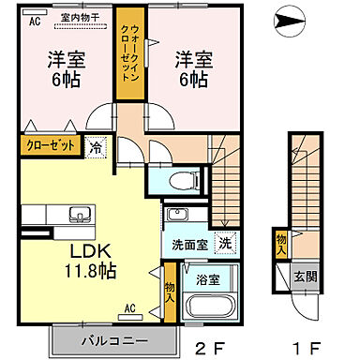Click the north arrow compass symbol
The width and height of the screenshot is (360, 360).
pos(291,16)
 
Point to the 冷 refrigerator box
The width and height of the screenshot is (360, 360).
pos(97,147)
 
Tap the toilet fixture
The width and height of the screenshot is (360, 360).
pos(185,178)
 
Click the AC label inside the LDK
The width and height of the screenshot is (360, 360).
pos(131,307)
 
